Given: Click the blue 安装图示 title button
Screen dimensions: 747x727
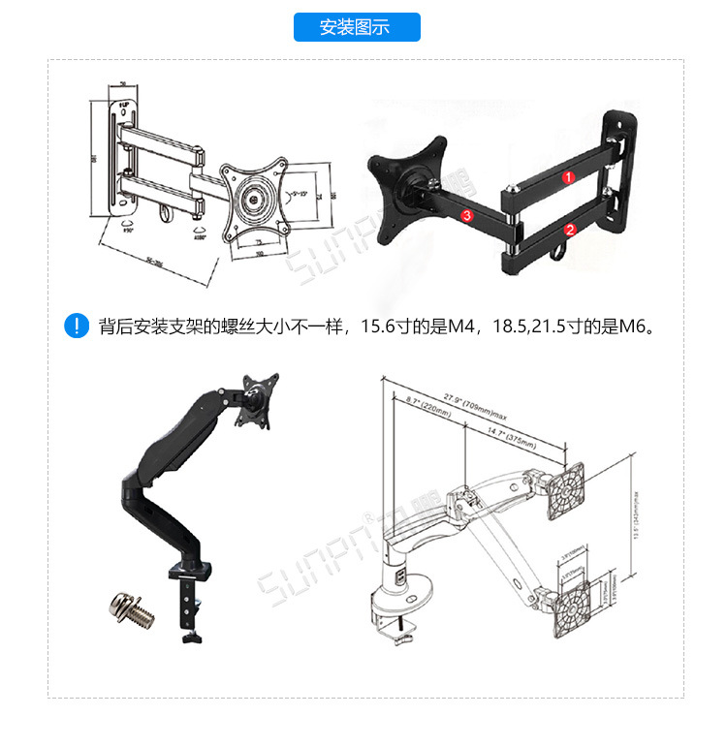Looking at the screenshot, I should tap(356, 27).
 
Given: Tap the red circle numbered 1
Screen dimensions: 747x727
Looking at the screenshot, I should tap(570, 176).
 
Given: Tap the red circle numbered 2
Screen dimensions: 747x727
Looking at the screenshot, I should tap(570, 230).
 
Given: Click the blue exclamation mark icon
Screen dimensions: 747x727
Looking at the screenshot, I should tap(76, 326).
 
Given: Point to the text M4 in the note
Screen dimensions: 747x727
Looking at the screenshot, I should tap(462, 327).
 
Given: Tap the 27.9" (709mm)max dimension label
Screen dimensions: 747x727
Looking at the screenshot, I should tap(478, 398).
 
